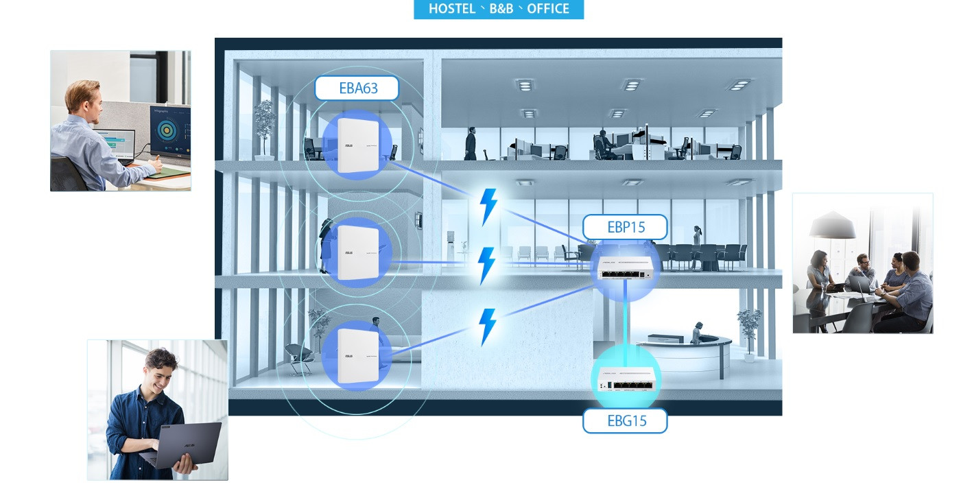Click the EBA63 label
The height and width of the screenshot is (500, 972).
pos(357,88)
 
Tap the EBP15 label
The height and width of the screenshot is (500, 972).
pos(625,227)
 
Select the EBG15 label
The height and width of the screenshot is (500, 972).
pos(625,420)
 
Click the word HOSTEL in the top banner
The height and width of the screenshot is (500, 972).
pos(453,9)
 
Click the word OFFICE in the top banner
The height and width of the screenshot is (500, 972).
pos(548,9)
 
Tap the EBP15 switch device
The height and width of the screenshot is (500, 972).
pos(625,267)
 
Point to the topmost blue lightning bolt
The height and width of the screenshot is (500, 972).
pos(488,206)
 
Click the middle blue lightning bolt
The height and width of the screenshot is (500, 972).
pos(486,265)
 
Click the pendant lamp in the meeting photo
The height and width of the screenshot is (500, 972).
pos(832,226)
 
